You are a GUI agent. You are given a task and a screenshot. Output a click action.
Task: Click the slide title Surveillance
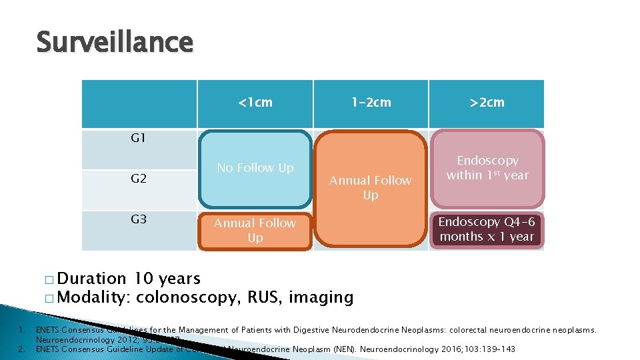coord(114,43)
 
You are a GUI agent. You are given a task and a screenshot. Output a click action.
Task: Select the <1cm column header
coord(255,103)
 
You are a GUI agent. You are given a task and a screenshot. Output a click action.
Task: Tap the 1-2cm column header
coord(371,103)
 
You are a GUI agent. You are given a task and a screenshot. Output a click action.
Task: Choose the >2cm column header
coord(487,103)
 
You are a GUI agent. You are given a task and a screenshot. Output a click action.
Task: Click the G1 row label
coord(138,139)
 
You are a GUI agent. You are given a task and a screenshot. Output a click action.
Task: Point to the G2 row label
coord(138,179)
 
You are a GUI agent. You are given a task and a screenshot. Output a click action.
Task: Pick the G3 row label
coord(138,219)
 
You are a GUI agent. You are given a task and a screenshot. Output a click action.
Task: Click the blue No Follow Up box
coord(255,168)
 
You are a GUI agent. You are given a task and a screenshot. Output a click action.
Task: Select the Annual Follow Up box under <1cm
coord(255,231)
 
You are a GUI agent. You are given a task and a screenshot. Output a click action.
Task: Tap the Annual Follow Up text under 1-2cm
coord(371,187)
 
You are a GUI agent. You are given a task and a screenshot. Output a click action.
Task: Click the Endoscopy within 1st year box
coord(487,168)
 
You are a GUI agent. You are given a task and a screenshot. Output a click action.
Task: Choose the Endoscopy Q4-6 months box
coord(487,229)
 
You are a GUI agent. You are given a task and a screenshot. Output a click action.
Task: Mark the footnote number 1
coord(22,329)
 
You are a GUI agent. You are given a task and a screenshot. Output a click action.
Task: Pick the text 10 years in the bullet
coord(167,279)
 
